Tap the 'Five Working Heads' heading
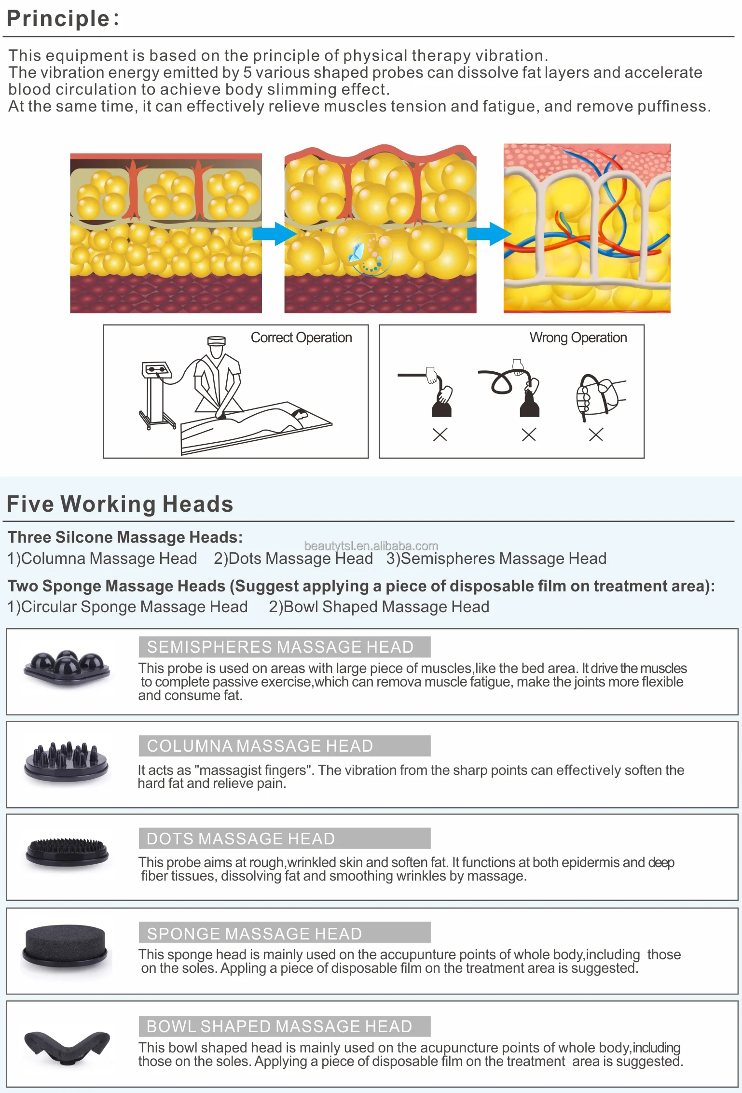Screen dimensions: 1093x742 click(120, 504)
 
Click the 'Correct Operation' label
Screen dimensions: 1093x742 click(301, 337)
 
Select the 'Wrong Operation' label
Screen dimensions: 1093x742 click(578, 337)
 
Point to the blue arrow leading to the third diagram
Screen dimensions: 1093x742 click(489, 234)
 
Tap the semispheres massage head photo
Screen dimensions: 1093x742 click(67, 667)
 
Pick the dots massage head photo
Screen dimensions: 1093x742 click(67, 852)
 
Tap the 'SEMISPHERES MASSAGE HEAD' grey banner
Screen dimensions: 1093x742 click(284, 647)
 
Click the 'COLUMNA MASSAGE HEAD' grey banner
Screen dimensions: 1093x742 click(284, 746)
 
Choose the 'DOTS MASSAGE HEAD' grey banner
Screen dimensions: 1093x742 click(284, 839)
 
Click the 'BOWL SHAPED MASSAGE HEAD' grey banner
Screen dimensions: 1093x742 click(284, 1026)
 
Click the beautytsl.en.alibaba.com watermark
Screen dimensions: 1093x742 click(371, 546)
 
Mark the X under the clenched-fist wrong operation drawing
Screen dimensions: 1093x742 click(596, 434)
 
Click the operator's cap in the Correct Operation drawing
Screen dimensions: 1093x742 click(216, 340)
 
